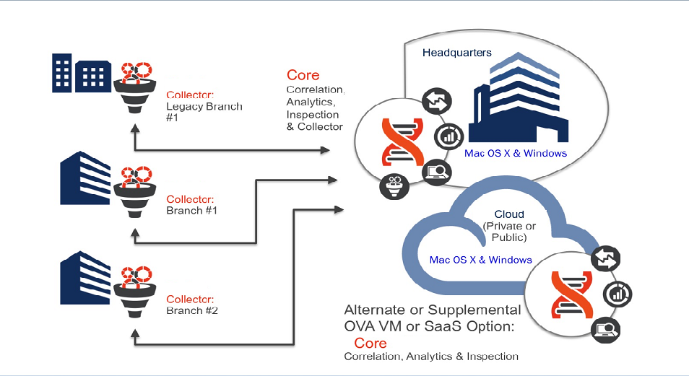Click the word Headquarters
point(457,53)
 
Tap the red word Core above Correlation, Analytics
point(303,75)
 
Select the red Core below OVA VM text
point(370,343)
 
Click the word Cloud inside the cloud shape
point(509,214)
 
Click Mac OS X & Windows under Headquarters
point(516,153)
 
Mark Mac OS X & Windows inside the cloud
point(480,260)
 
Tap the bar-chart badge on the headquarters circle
point(446,135)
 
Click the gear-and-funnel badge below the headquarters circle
point(394,185)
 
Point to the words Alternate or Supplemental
point(433,310)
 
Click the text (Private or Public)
point(509,232)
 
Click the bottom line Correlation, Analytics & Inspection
point(431,357)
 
